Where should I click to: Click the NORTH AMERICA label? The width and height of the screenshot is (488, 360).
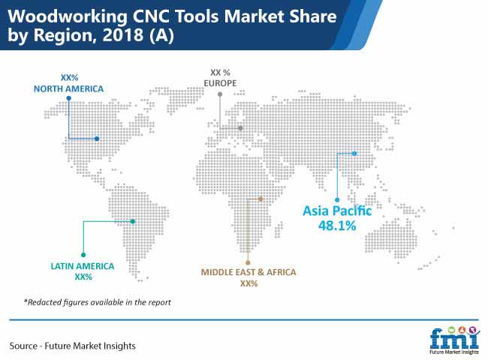(x=68, y=89)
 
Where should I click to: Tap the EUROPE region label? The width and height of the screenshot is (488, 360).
(x=220, y=83)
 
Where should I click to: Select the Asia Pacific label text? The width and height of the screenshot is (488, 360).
(x=337, y=211)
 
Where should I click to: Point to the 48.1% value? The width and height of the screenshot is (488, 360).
(x=337, y=226)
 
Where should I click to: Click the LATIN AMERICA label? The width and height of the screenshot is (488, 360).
(x=83, y=266)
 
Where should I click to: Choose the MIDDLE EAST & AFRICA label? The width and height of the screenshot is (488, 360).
(x=249, y=272)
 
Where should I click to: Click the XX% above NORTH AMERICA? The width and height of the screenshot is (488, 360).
(x=69, y=78)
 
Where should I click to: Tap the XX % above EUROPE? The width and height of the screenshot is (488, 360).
(x=220, y=73)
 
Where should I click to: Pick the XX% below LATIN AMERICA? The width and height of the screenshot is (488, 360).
(x=83, y=277)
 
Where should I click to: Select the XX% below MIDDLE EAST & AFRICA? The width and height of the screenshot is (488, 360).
(x=249, y=283)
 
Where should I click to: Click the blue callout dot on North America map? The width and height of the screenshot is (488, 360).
(x=97, y=139)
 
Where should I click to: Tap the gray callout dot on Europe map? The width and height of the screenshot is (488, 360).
(x=240, y=128)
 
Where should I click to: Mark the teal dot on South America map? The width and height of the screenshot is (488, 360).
(x=133, y=221)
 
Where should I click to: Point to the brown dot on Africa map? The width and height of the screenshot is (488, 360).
(x=261, y=199)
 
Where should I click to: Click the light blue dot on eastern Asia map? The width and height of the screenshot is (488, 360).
(x=354, y=154)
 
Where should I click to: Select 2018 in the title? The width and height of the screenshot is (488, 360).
(x=122, y=34)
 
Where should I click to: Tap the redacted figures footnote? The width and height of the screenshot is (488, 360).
(x=98, y=302)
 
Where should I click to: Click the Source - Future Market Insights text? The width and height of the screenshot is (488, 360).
(x=73, y=346)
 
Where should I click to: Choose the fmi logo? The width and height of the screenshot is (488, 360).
(x=454, y=340)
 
